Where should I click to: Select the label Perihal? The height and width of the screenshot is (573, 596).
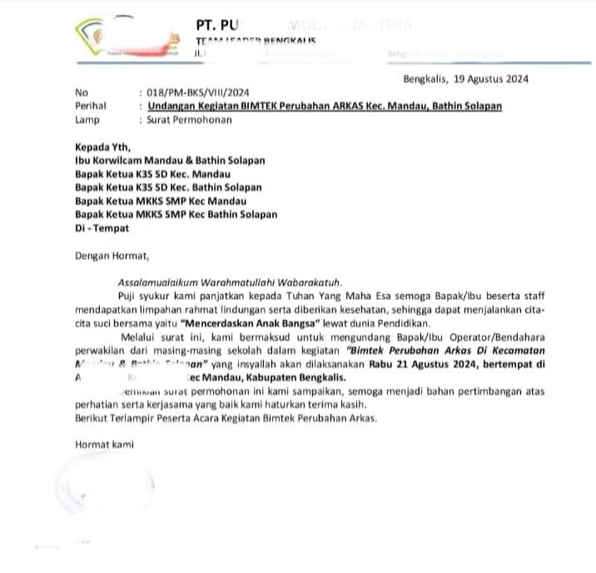91,107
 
